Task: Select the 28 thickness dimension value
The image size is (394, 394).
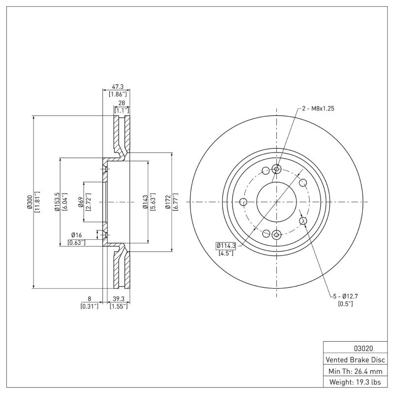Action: [x=121, y=102]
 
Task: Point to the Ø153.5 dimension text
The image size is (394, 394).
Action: [x=57, y=201]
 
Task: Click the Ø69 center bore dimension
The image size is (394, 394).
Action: [x=80, y=202]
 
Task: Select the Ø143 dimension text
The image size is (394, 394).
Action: [x=145, y=202]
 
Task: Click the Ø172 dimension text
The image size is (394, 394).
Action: [x=168, y=202]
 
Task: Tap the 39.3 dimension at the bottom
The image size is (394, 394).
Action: [x=119, y=298]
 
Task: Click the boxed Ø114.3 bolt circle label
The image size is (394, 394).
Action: [x=227, y=245]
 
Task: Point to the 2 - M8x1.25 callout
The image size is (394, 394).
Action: [x=318, y=109]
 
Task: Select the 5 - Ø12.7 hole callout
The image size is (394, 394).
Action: [x=345, y=296]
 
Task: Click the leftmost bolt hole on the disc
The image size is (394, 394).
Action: [x=243, y=201]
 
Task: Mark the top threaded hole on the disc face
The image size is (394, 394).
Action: [x=276, y=169]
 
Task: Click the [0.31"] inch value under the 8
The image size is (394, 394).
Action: [x=89, y=306]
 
